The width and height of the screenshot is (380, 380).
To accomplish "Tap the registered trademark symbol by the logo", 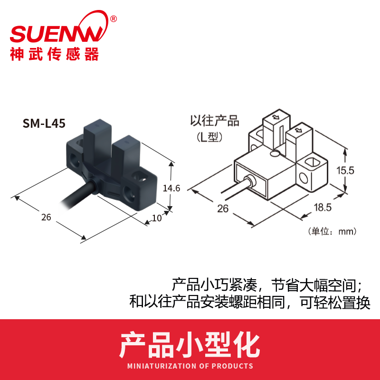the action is (113, 19).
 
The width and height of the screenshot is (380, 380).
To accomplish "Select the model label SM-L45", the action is (44, 123).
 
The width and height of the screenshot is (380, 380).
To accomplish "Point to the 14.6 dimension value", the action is (171, 188).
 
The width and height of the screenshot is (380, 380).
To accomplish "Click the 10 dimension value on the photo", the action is (156, 218).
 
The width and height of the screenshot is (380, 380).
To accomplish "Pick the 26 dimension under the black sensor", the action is (46, 218).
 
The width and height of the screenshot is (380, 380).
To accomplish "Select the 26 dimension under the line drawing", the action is (223, 208).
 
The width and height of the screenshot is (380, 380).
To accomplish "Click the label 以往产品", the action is (208, 121).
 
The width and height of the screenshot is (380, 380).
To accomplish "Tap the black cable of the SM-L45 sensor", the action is (71, 202).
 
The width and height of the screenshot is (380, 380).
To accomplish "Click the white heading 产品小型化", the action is (190, 345).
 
